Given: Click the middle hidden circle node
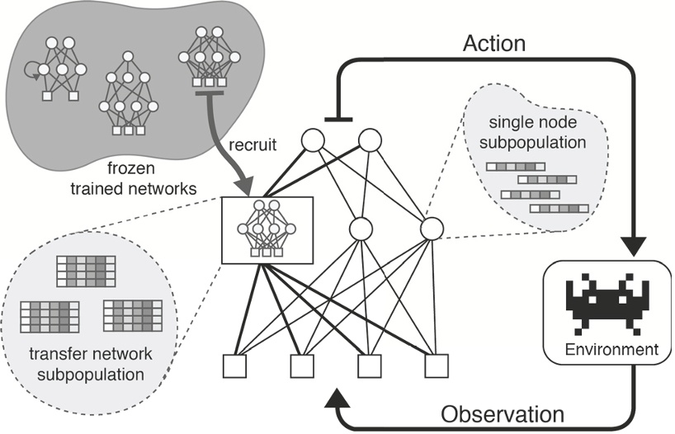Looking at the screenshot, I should (x=360, y=228).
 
